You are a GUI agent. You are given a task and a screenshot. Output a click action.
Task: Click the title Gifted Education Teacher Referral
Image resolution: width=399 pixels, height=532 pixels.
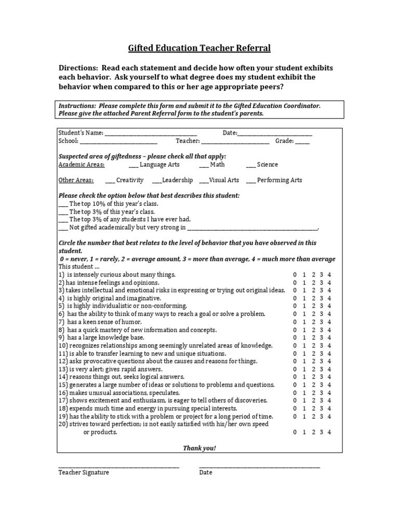tap(199, 49)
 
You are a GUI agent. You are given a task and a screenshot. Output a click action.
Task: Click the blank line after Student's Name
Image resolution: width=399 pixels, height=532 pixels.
tap(151, 134)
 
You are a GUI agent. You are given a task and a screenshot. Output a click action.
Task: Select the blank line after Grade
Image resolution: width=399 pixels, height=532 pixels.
tap(302, 141)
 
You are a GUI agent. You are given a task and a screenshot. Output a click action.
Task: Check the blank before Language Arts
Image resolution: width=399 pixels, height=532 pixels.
tap(134, 165)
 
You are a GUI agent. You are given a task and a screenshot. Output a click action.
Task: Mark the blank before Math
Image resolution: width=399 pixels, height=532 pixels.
tap(204, 165)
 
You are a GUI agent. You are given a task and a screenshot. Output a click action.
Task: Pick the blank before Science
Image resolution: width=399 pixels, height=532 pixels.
tap(250, 165)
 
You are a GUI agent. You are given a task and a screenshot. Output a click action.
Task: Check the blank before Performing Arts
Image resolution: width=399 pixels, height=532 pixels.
tap(250, 181)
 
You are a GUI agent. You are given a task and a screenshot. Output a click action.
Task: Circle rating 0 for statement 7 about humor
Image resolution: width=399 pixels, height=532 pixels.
tap(295, 322)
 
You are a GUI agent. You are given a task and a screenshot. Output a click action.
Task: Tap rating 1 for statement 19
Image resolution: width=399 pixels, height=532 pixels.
tap(304, 417)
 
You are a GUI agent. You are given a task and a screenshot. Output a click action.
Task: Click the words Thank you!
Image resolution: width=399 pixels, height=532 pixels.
tap(199, 448)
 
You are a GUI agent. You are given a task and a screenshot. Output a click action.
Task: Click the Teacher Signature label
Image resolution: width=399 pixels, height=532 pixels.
tap(84, 473)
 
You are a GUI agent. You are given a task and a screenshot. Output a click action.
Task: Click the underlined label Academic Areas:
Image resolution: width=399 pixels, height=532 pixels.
tap(82, 165)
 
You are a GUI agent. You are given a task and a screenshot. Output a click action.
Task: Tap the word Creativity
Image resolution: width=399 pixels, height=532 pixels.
tap(130, 180)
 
